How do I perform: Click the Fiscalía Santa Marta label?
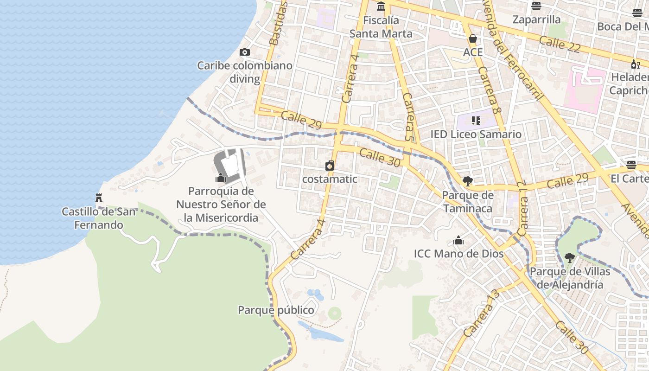coord(381,27)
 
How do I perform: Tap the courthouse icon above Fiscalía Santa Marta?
coord(381,6)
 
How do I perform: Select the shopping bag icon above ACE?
coord(473,38)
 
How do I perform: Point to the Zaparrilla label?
coord(536,19)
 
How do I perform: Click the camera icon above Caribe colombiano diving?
coord(244,52)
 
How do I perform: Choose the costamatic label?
coord(330,179)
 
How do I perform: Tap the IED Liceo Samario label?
coord(476,134)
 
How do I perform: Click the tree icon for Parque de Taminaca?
coord(467,181)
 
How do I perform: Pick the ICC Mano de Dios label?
coord(458,254)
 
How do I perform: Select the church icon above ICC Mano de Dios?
coord(458,240)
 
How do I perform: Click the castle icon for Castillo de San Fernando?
coord(99,198)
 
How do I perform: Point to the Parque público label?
coord(276,310)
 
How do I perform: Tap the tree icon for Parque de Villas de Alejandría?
coord(569,257)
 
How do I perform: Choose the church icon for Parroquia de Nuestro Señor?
coord(221,178)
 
